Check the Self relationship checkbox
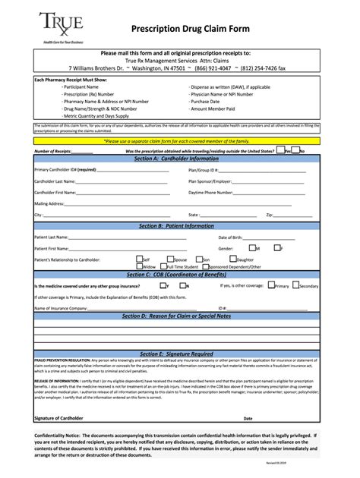139,259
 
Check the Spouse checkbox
170,259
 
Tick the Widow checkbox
139,266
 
